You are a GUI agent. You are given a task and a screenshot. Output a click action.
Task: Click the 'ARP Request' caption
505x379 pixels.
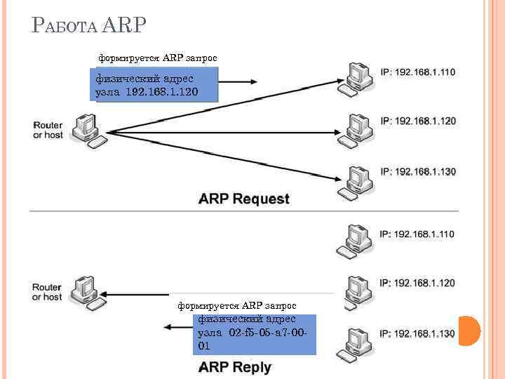pos(243,199)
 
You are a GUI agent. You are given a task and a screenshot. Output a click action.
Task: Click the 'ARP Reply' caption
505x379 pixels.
pos(234,366)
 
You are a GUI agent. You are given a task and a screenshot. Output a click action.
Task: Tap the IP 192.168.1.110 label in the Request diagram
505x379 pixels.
pos(417,72)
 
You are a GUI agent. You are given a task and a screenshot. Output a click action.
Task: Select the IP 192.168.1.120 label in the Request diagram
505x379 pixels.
pos(417,121)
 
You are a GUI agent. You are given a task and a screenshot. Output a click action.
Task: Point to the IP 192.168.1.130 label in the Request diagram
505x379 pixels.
pos(417,171)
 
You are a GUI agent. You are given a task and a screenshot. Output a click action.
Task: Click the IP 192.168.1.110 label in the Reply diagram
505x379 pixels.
pos(417,234)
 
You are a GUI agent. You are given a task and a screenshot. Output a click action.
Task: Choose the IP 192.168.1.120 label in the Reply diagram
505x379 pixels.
pos(417,283)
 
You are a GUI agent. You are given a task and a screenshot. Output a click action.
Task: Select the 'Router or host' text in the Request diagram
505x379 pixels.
pos(48,130)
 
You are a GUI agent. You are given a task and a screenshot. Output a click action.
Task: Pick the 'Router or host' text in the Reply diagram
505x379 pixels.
pos(48,292)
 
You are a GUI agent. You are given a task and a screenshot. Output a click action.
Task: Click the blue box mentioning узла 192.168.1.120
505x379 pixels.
pos(156,85)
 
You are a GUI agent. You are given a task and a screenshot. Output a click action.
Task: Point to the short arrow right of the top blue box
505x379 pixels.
pos(238,81)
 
